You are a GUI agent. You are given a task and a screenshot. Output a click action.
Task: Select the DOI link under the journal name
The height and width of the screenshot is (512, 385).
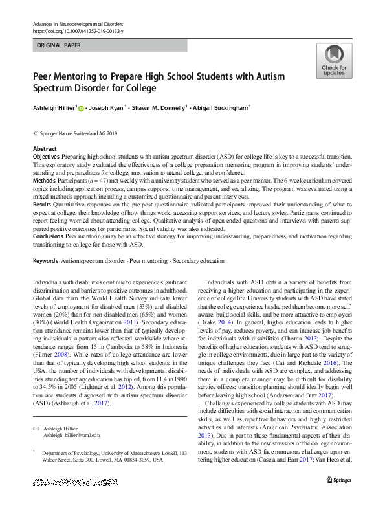click(76, 30)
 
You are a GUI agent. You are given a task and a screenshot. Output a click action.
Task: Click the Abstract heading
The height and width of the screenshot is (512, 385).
click(44, 149)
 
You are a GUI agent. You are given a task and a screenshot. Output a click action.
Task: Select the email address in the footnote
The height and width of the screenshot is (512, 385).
click(72, 436)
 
